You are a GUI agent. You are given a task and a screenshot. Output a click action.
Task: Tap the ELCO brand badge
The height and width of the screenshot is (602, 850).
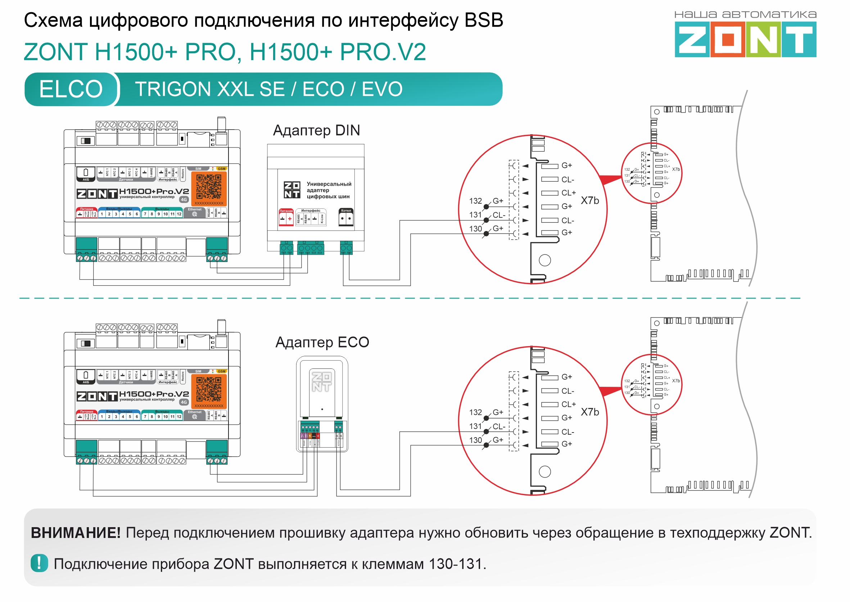point(71,89)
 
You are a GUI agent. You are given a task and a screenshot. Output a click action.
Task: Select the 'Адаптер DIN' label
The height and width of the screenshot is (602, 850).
point(316,131)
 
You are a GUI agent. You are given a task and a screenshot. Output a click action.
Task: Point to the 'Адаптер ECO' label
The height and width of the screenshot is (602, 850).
point(322,342)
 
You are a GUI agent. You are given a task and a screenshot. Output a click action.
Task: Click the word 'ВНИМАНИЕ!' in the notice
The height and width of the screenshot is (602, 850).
point(76,533)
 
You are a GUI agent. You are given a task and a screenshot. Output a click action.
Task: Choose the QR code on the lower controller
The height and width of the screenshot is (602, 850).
point(209,389)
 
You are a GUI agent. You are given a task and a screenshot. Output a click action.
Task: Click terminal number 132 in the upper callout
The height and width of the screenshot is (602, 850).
point(475,201)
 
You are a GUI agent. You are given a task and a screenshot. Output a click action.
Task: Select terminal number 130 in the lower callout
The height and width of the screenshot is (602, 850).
point(475,440)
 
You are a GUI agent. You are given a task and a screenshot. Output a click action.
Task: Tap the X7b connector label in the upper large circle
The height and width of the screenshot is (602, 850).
point(589,200)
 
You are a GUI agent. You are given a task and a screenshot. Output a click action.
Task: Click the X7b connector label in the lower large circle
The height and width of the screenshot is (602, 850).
point(589,412)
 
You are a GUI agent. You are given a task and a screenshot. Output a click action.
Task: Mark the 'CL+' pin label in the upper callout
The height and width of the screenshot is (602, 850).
point(568,193)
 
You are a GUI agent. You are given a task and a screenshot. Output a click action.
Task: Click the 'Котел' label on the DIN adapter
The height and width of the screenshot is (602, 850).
point(346,211)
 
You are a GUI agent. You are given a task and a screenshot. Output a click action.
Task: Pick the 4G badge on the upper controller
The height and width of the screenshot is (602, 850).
point(184,199)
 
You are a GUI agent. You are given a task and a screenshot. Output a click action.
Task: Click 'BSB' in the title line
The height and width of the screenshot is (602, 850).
point(483,20)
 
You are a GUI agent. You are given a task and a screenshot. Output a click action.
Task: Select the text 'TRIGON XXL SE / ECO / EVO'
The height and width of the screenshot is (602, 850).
point(269,89)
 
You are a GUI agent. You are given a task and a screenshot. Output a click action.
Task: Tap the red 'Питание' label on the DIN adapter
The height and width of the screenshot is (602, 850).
point(286,211)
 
